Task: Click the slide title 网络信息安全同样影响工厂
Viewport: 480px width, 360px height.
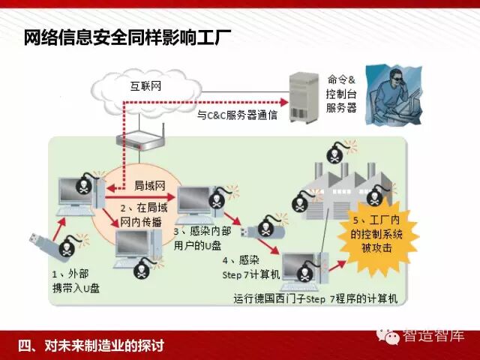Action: (127, 37)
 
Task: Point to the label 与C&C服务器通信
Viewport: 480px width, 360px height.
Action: (237, 116)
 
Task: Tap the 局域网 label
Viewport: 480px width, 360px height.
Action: (148, 184)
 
